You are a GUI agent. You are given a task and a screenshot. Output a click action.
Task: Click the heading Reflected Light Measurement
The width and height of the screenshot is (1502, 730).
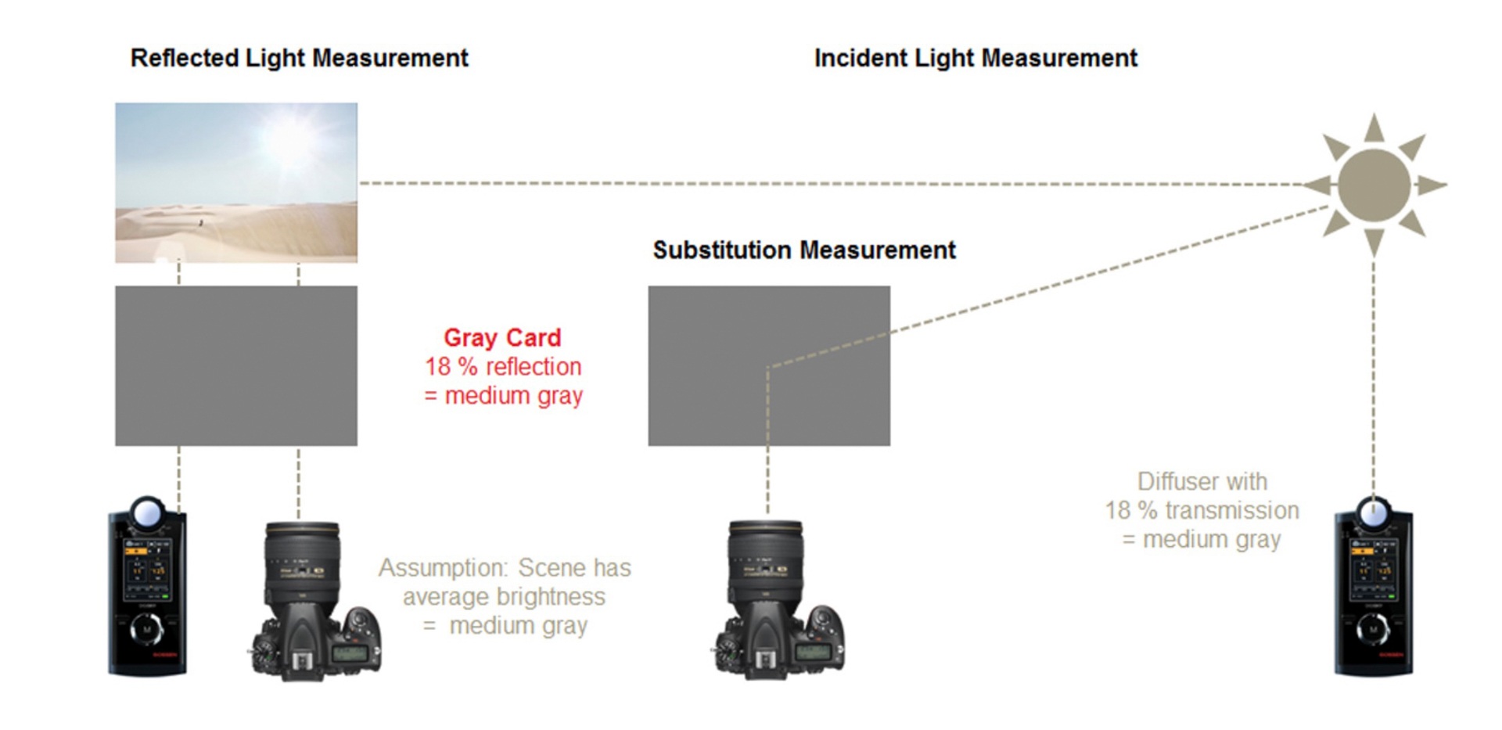(299, 59)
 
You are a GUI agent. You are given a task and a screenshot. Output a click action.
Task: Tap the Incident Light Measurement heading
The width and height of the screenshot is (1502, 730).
(976, 59)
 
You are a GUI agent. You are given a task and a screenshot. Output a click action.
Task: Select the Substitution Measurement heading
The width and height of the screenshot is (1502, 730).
(804, 250)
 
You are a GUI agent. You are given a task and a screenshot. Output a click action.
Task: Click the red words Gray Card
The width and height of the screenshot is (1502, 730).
(502, 337)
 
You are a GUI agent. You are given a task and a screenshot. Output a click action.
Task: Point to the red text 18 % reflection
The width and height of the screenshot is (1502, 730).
(503, 366)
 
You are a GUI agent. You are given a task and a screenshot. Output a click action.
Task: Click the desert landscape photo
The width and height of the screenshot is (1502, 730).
(236, 182)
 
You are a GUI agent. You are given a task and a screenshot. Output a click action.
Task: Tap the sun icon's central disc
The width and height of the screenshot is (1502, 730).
(1374, 185)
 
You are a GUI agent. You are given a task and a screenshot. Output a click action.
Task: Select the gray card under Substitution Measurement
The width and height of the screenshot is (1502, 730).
(769, 365)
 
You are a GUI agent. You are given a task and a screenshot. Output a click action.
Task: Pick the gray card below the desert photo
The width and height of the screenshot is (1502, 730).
(236, 365)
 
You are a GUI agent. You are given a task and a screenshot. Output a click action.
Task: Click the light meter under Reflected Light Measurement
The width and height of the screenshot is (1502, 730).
(147, 585)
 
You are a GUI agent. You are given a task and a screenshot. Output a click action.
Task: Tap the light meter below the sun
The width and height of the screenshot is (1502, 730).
(1373, 585)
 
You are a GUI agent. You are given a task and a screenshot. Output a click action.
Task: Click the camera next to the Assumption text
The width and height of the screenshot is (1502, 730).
(316, 600)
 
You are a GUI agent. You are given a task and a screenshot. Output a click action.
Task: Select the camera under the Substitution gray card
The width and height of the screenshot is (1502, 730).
(778, 599)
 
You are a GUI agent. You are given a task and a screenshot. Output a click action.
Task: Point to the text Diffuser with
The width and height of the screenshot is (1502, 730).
(1202, 481)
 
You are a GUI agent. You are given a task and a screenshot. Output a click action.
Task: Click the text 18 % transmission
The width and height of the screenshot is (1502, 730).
(1202, 510)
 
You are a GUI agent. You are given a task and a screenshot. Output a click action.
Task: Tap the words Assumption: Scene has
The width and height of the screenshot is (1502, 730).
(505, 567)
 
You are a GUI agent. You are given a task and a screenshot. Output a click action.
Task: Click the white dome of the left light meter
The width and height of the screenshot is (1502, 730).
(147, 513)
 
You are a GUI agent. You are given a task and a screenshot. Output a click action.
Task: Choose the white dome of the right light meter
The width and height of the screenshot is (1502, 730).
(1373, 513)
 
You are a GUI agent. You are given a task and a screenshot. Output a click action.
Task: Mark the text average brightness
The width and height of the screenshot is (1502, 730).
(504, 596)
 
